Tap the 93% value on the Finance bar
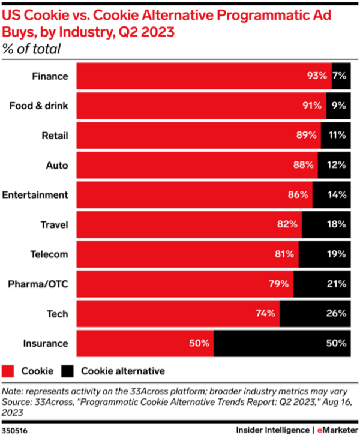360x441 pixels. tap(316, 76)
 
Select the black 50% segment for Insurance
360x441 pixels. tap(281, 344)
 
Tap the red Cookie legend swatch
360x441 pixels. tap(10, 371)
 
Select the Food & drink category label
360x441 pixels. tap(39, 106)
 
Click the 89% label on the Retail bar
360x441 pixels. tap(306, 136)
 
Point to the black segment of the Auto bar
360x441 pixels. tap(334, 165)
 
